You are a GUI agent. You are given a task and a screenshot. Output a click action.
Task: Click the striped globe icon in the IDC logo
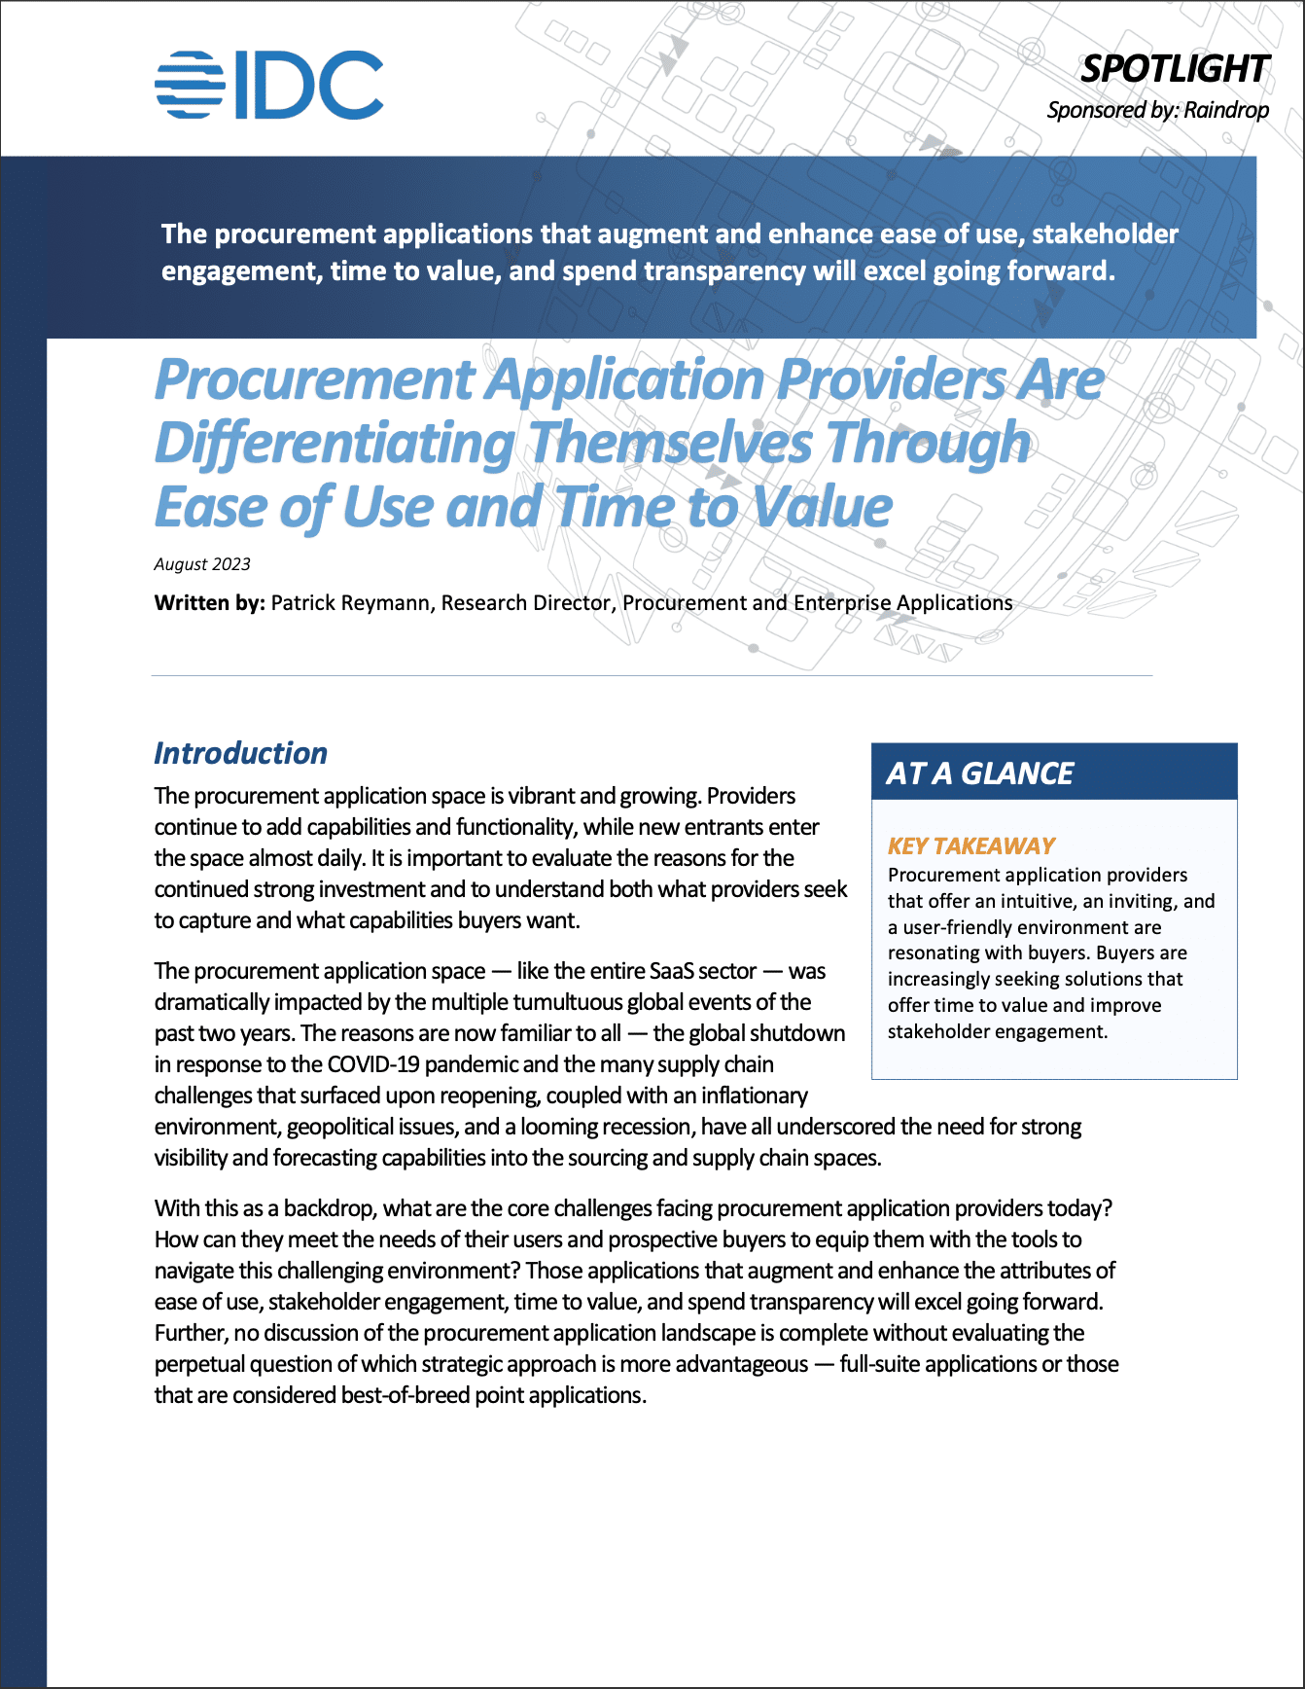coord(190,86)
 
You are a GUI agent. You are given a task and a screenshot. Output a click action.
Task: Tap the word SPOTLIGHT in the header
coord(1175,69)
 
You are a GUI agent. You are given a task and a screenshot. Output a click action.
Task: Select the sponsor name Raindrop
coord(1226,110)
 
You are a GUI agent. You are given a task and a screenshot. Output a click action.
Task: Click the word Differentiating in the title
coord(335,444)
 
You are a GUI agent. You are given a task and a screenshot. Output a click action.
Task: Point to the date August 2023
coord(202,564)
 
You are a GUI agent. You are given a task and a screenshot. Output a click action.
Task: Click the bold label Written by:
coord(209,603)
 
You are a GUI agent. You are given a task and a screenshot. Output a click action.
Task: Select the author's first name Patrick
coord(304,603)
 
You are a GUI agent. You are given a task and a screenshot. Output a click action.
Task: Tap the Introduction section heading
coord(240,753)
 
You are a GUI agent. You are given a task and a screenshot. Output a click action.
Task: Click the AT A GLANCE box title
coord(980,773)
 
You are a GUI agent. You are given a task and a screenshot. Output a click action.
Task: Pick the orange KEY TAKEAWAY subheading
coord(971,845)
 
